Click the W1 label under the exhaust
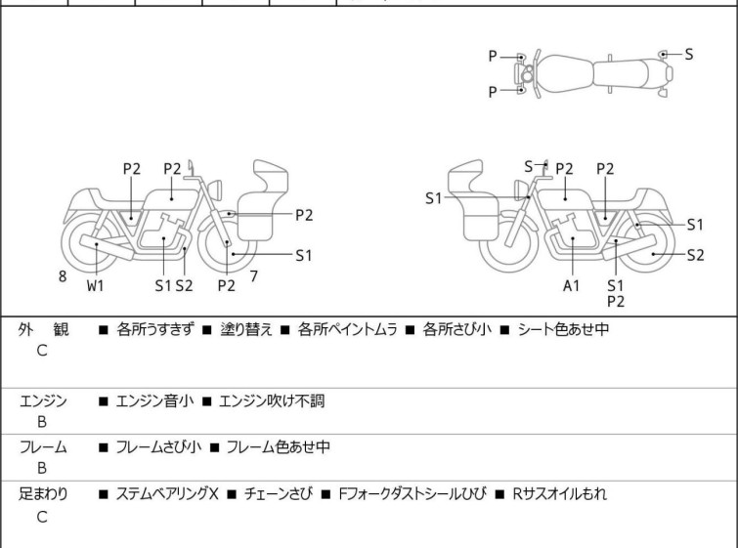[x=95, y=285]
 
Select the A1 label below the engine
[x=571, y=285]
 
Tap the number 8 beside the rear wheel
[x=63, y=276]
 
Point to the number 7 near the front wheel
[x=254, y=276]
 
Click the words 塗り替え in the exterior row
[x=246, y=329]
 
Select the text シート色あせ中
[x=563, y=329]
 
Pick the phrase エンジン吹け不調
[x=272, y=401]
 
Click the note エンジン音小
[x=154, y=401]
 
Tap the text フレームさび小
[x=158, y=446]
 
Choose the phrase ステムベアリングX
[x=167, y=494]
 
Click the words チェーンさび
[x=279, y=494]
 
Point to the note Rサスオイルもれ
[x=559, y=494]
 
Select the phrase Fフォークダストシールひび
[x=412, y=494]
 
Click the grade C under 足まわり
[x=42, y=517]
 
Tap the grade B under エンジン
[x=42, y=422]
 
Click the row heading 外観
[x=43, y=329]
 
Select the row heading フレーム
[x=43, y=446]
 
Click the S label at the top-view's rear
[x=688, y=55]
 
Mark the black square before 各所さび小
[x=410, y=330]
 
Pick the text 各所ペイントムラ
[x=347, y=329]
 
